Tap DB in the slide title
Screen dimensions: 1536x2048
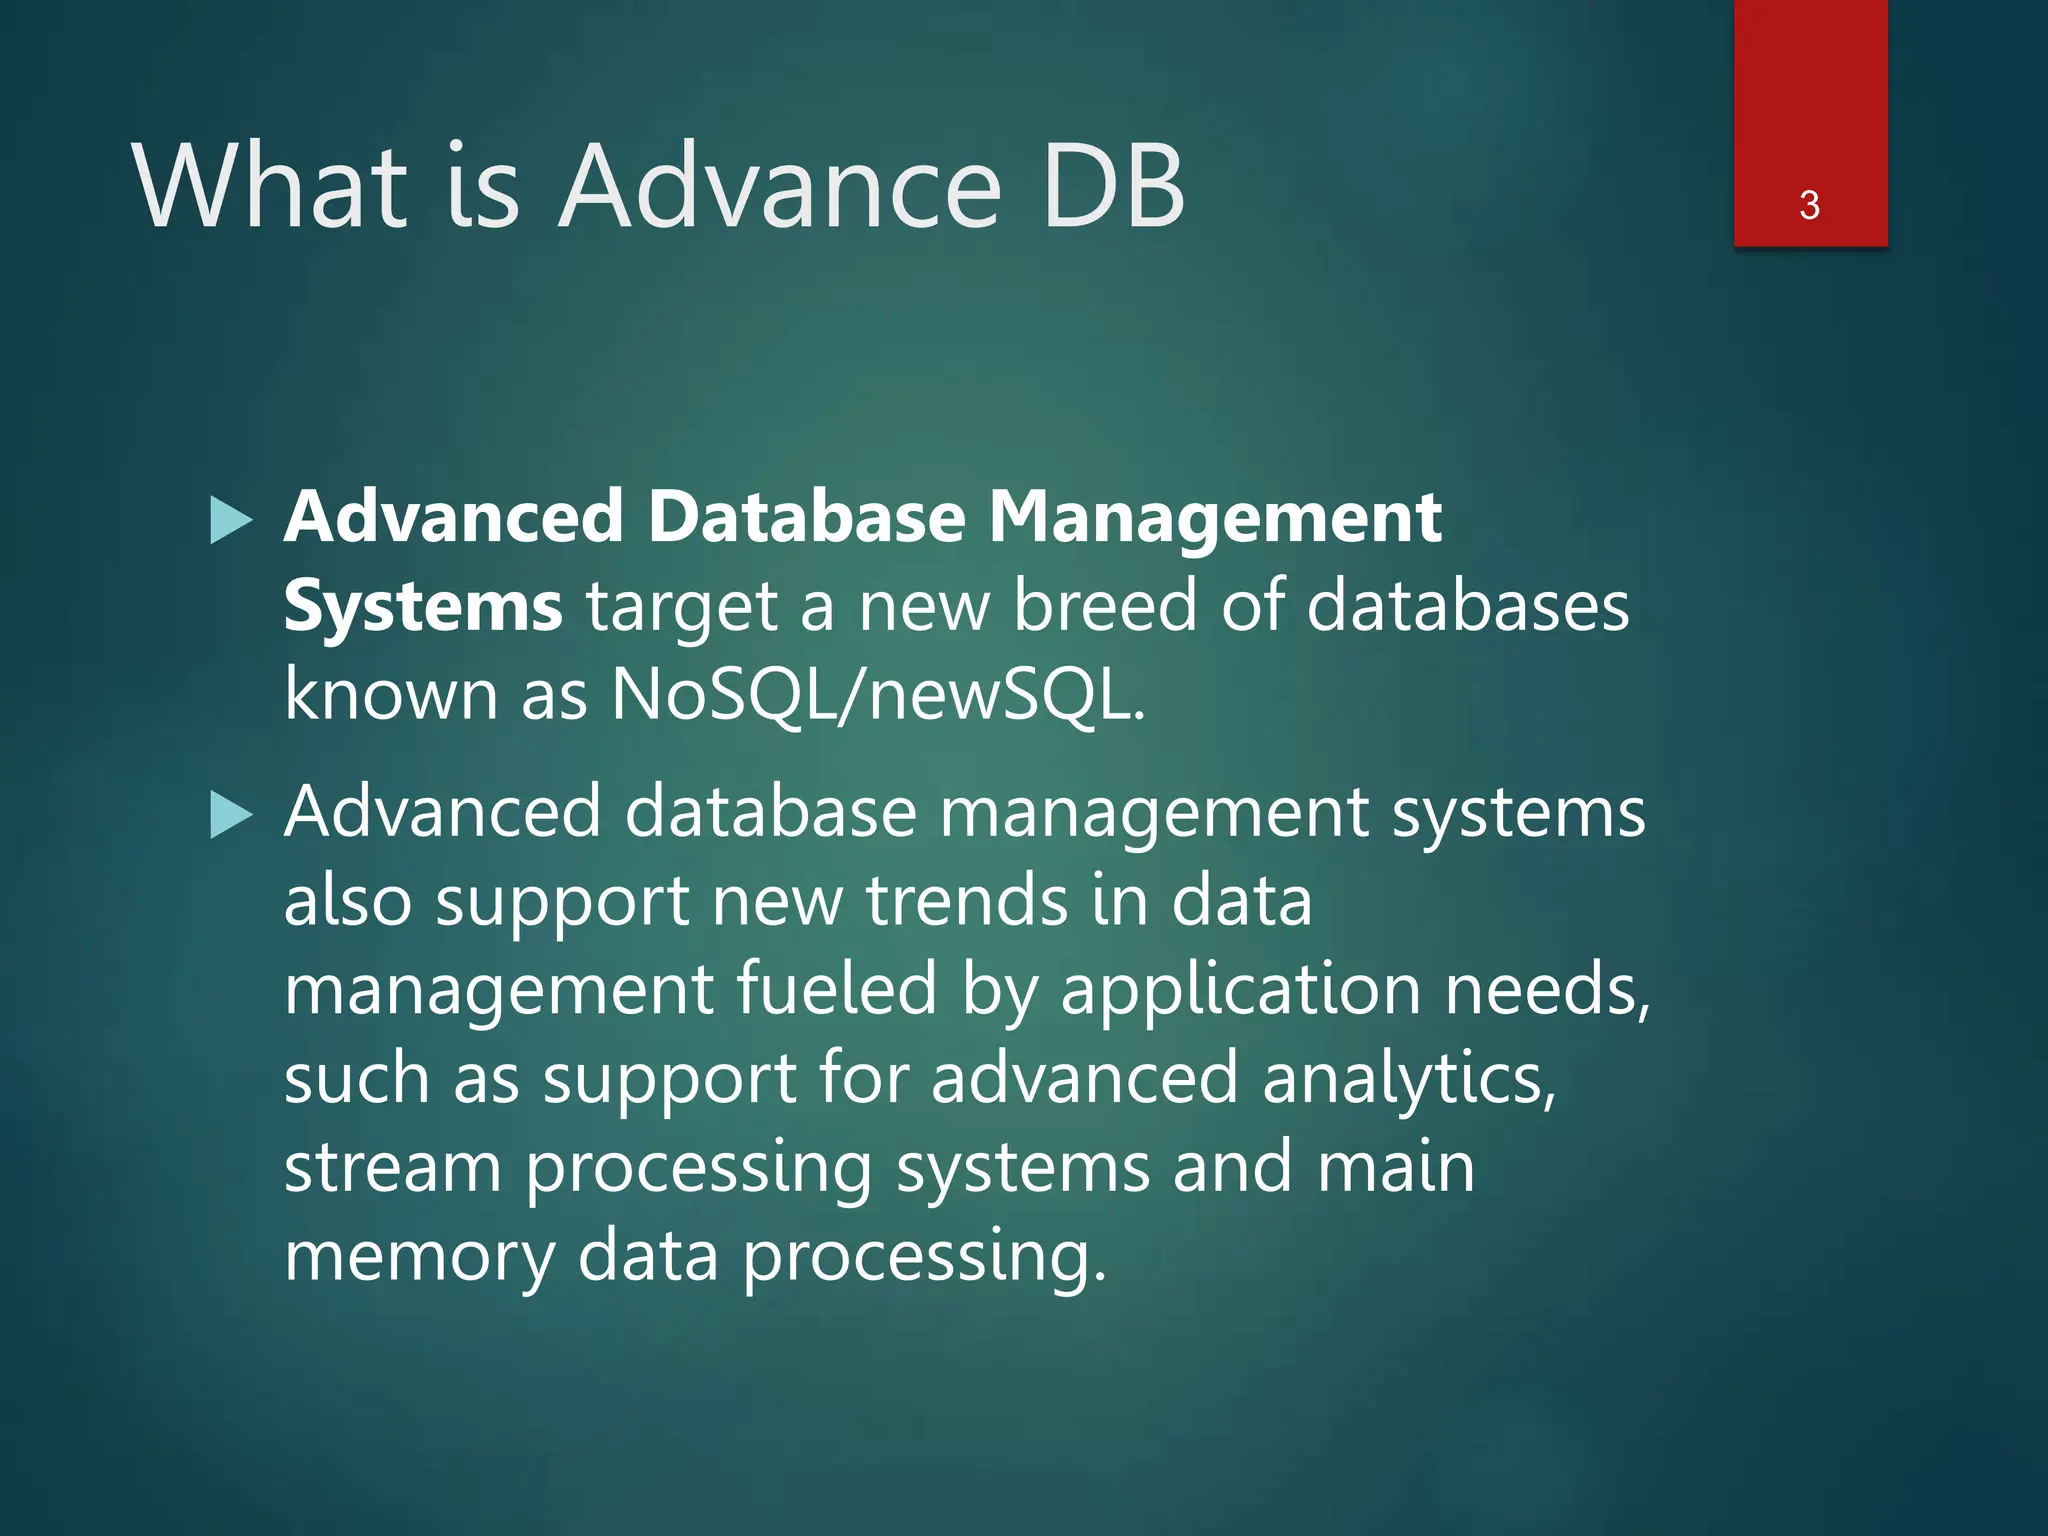tap(1112, 186)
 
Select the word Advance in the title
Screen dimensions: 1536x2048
tap(780, 186)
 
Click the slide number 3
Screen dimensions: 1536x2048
tap(1809, 205)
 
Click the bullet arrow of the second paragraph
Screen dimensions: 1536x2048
tap(232, 816)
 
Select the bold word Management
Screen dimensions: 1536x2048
tap(1215, 518)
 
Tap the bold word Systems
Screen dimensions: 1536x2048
tap(423, 606)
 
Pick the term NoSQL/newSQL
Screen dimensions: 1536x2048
tap(877, 694)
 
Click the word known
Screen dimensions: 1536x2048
tap(391, 694)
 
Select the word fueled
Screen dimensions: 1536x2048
tap(837, 988)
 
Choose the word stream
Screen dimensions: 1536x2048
tap(392, 1166)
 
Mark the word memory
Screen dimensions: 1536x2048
tap(419, 1256)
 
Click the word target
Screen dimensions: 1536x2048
tap(682, 608)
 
